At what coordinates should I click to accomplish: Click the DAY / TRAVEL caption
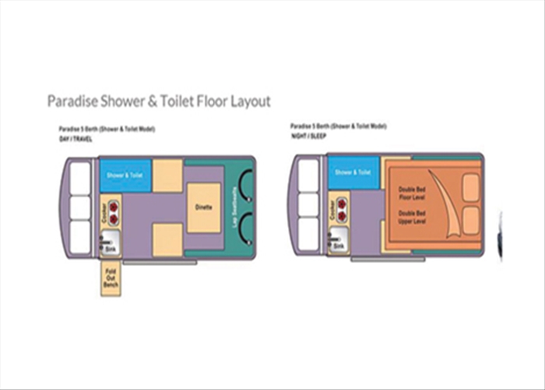point(76,139)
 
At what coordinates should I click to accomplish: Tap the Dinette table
point(202,208)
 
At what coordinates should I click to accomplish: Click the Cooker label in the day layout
point(104,214)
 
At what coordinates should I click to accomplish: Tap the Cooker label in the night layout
point(333,209)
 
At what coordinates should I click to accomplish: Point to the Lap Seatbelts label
point(234,208)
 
